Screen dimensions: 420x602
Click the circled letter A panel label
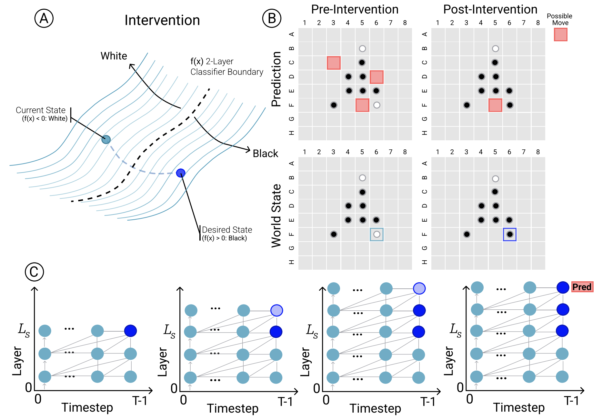tap(44, 18)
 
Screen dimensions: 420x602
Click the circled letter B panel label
tap(272, 18)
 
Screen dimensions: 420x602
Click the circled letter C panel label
tap(34, 272)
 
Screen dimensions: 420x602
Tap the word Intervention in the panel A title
tap(162, 20)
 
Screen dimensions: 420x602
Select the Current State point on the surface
tap(106, 139)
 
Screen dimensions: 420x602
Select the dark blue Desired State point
tap(181, 173)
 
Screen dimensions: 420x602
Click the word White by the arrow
tap(114, 56)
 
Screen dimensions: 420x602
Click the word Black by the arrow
tap(265, 154)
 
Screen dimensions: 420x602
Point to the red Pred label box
tap(582, 287)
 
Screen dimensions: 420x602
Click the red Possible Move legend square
tap(560, 35)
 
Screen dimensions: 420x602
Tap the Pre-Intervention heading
tap(355, 9)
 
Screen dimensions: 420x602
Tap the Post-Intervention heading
tap(490, 9)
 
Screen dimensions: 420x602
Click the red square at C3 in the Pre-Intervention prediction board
tap(334, 63)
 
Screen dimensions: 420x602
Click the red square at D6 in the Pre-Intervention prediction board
tap(376, 77)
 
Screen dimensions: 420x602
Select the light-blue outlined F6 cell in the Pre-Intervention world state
tap(376, 234)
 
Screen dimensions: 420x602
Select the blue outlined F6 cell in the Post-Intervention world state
tap(509, 234)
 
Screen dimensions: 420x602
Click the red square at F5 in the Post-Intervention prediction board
tap(495, 105)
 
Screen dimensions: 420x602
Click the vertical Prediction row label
tap(276, 79)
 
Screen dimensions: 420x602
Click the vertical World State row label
tap(276, 215)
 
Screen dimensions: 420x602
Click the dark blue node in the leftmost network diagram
tap(130, 331)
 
